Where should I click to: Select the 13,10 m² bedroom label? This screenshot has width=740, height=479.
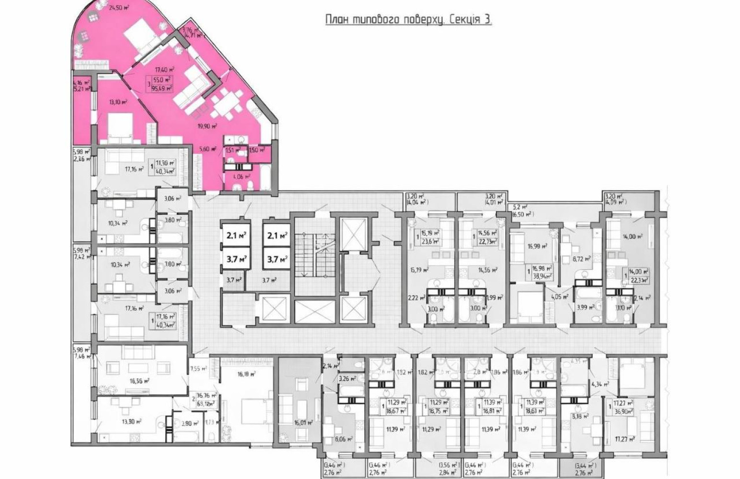117,102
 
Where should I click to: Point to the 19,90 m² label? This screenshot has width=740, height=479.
208,126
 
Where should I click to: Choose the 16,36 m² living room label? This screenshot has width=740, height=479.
140,381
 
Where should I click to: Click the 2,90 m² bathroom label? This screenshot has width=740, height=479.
186,423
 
